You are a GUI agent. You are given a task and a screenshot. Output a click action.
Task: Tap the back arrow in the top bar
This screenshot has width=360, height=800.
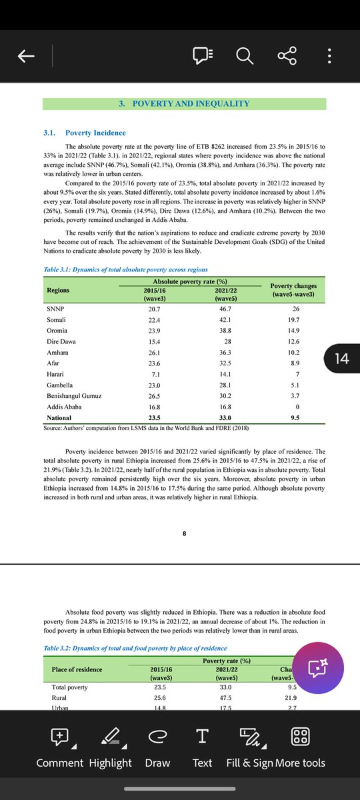26,57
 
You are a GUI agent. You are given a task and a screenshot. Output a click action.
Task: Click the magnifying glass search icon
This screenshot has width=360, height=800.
245,57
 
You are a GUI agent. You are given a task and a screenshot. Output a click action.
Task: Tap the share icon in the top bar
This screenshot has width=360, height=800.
287,57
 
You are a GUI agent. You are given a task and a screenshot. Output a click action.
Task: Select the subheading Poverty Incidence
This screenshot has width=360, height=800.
95,133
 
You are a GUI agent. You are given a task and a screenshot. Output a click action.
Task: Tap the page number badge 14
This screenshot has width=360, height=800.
341,358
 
